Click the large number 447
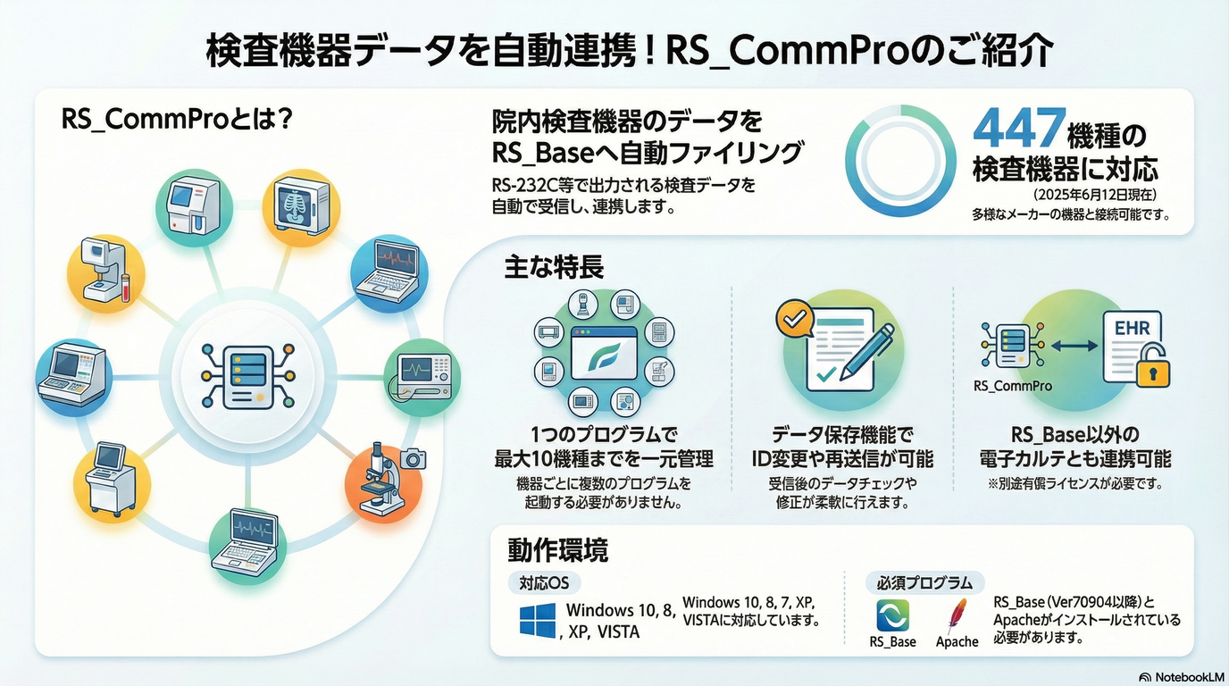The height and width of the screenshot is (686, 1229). point(1019,129)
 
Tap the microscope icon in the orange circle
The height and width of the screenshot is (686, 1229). point(383,479)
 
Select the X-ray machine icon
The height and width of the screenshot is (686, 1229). point(301,205)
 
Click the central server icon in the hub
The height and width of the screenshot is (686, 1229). point(248,376)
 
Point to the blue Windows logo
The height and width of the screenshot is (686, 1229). point(538,620)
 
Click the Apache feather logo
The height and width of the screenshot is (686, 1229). point(957,615)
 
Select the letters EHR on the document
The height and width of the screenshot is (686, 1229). point(1133,328)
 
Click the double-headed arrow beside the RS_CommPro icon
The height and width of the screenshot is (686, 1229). point(1074,346)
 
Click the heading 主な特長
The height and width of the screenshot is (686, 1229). point(554,267)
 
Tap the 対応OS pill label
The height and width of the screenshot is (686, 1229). point(544,582)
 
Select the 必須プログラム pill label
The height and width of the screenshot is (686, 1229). point(925,582)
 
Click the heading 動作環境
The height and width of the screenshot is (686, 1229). point(557,550)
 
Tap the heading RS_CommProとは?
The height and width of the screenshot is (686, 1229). point(177,119)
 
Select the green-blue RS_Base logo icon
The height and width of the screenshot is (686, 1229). point(892,615)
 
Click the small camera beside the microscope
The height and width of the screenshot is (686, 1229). point(413,458)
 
